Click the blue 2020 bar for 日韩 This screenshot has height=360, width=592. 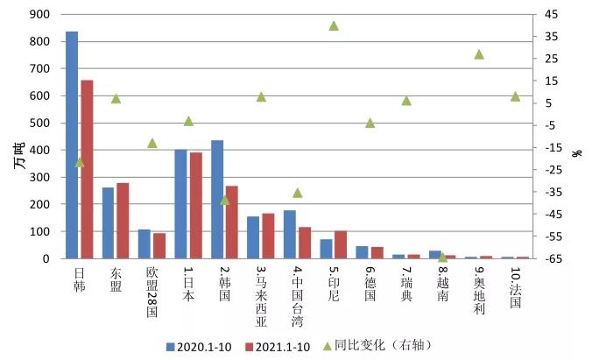(x=72, y=145)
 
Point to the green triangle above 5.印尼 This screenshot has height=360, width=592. (x=334, y=26)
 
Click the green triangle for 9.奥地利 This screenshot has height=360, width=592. (x=479, y=54)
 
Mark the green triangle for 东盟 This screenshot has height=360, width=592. (x=116, y=99)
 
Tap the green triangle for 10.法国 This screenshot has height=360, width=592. (x=515, y=96)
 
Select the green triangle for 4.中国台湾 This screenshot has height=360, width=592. (x=297, y=193)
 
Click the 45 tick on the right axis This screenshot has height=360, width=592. (x=551, y=15)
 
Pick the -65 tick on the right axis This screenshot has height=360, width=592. (x=551, y=259)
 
